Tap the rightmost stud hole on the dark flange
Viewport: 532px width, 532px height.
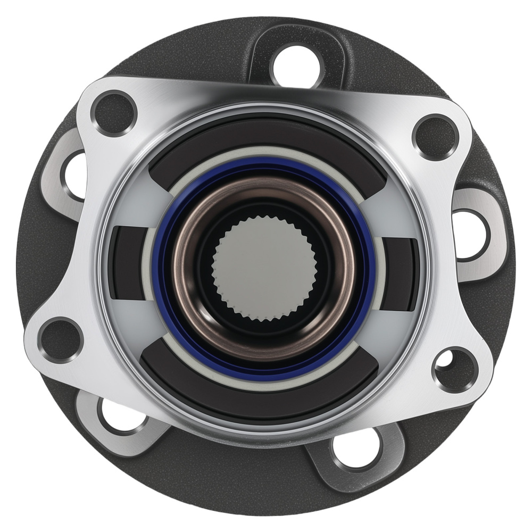pyautogui.click(x=471, y=235)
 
